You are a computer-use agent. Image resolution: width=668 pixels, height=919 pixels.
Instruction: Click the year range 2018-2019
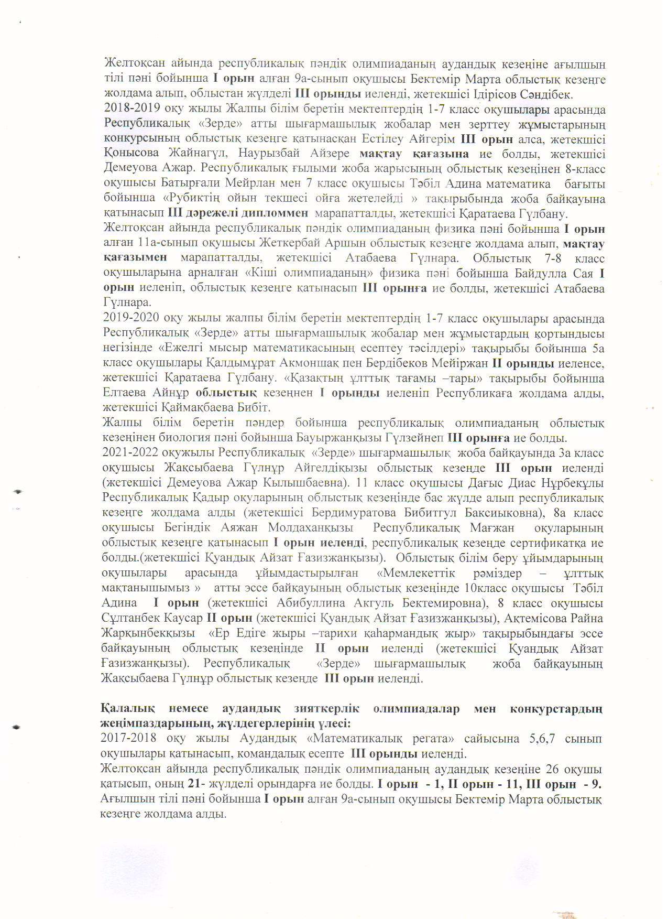[127, 110]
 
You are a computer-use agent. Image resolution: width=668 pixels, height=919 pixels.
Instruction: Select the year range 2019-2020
[127, 319]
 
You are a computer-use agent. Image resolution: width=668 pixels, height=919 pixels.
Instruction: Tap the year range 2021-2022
[127, 452]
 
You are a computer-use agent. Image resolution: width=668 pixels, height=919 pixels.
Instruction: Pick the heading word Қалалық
[128, 709]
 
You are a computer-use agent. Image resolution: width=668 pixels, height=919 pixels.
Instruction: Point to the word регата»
[431, 739]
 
